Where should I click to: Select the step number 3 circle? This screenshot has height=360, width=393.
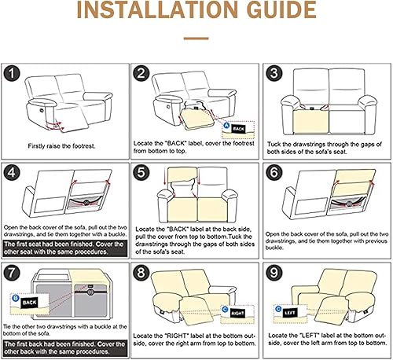[274, 75]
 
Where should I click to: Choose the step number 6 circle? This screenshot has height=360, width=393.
[274, 172]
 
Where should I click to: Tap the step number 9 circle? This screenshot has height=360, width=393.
[274, 272]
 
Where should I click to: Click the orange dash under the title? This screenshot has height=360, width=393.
[196, 36]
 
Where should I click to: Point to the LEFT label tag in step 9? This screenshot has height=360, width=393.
[291, 312]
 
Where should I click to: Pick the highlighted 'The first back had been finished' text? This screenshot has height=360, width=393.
[64, 347]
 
